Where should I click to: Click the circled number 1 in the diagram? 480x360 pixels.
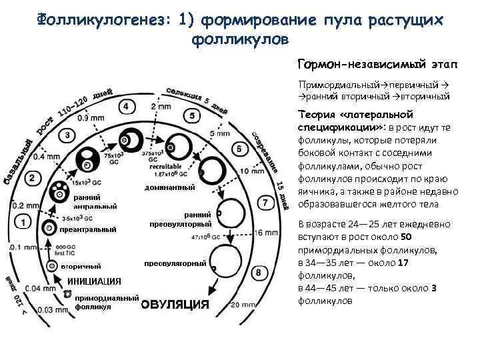tap(23, 221)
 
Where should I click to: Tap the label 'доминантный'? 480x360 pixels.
tap(170, 188)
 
